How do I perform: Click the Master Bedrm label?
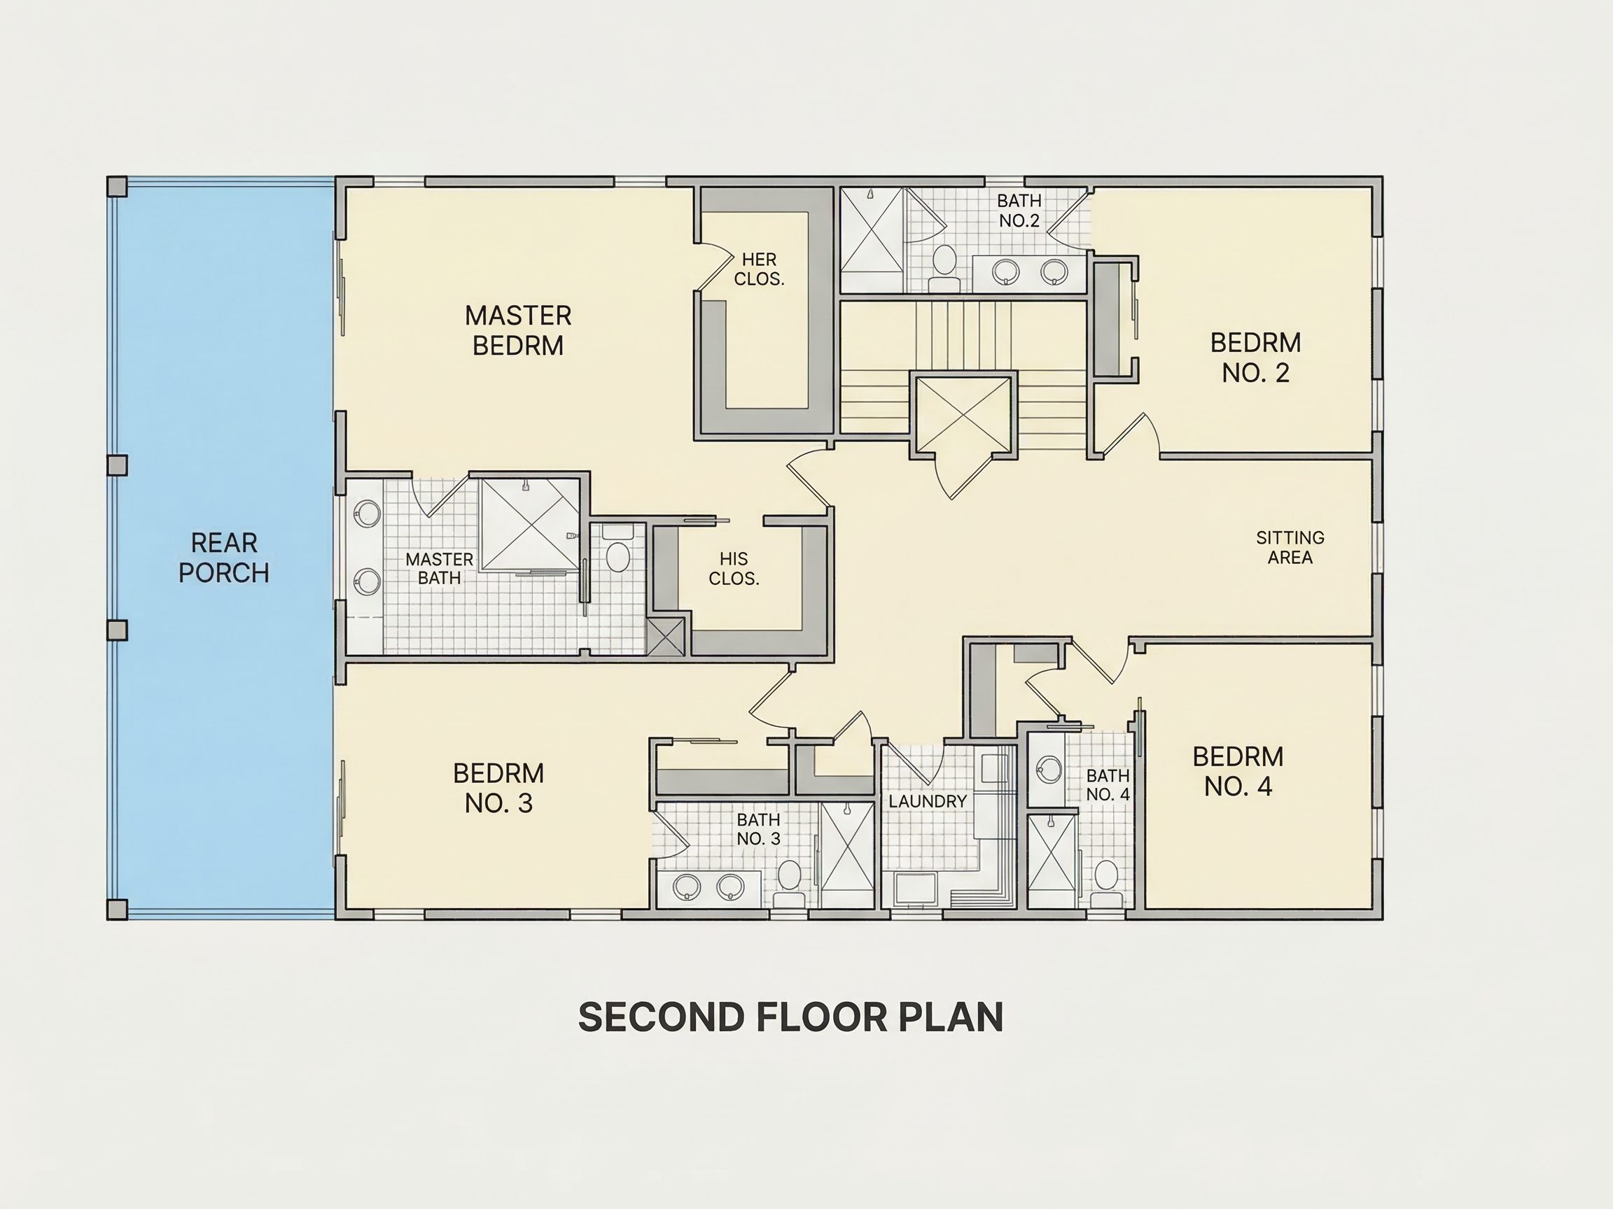coord(518,330)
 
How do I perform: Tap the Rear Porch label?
coord(224,558)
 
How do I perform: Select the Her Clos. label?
coord(759,269)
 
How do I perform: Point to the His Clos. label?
coord(734,568)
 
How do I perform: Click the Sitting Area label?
coord(1290,547)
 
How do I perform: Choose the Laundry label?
coord(928,801)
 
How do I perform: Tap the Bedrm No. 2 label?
coord(1256,357)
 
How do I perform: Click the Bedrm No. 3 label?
coord(498,788)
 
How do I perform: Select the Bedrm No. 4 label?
coord(1238,771)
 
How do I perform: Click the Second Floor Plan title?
coord(790,1017)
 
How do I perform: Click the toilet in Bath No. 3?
coord(789,882)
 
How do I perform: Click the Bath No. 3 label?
coord(758,829)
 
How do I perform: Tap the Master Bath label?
coord(439,568)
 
